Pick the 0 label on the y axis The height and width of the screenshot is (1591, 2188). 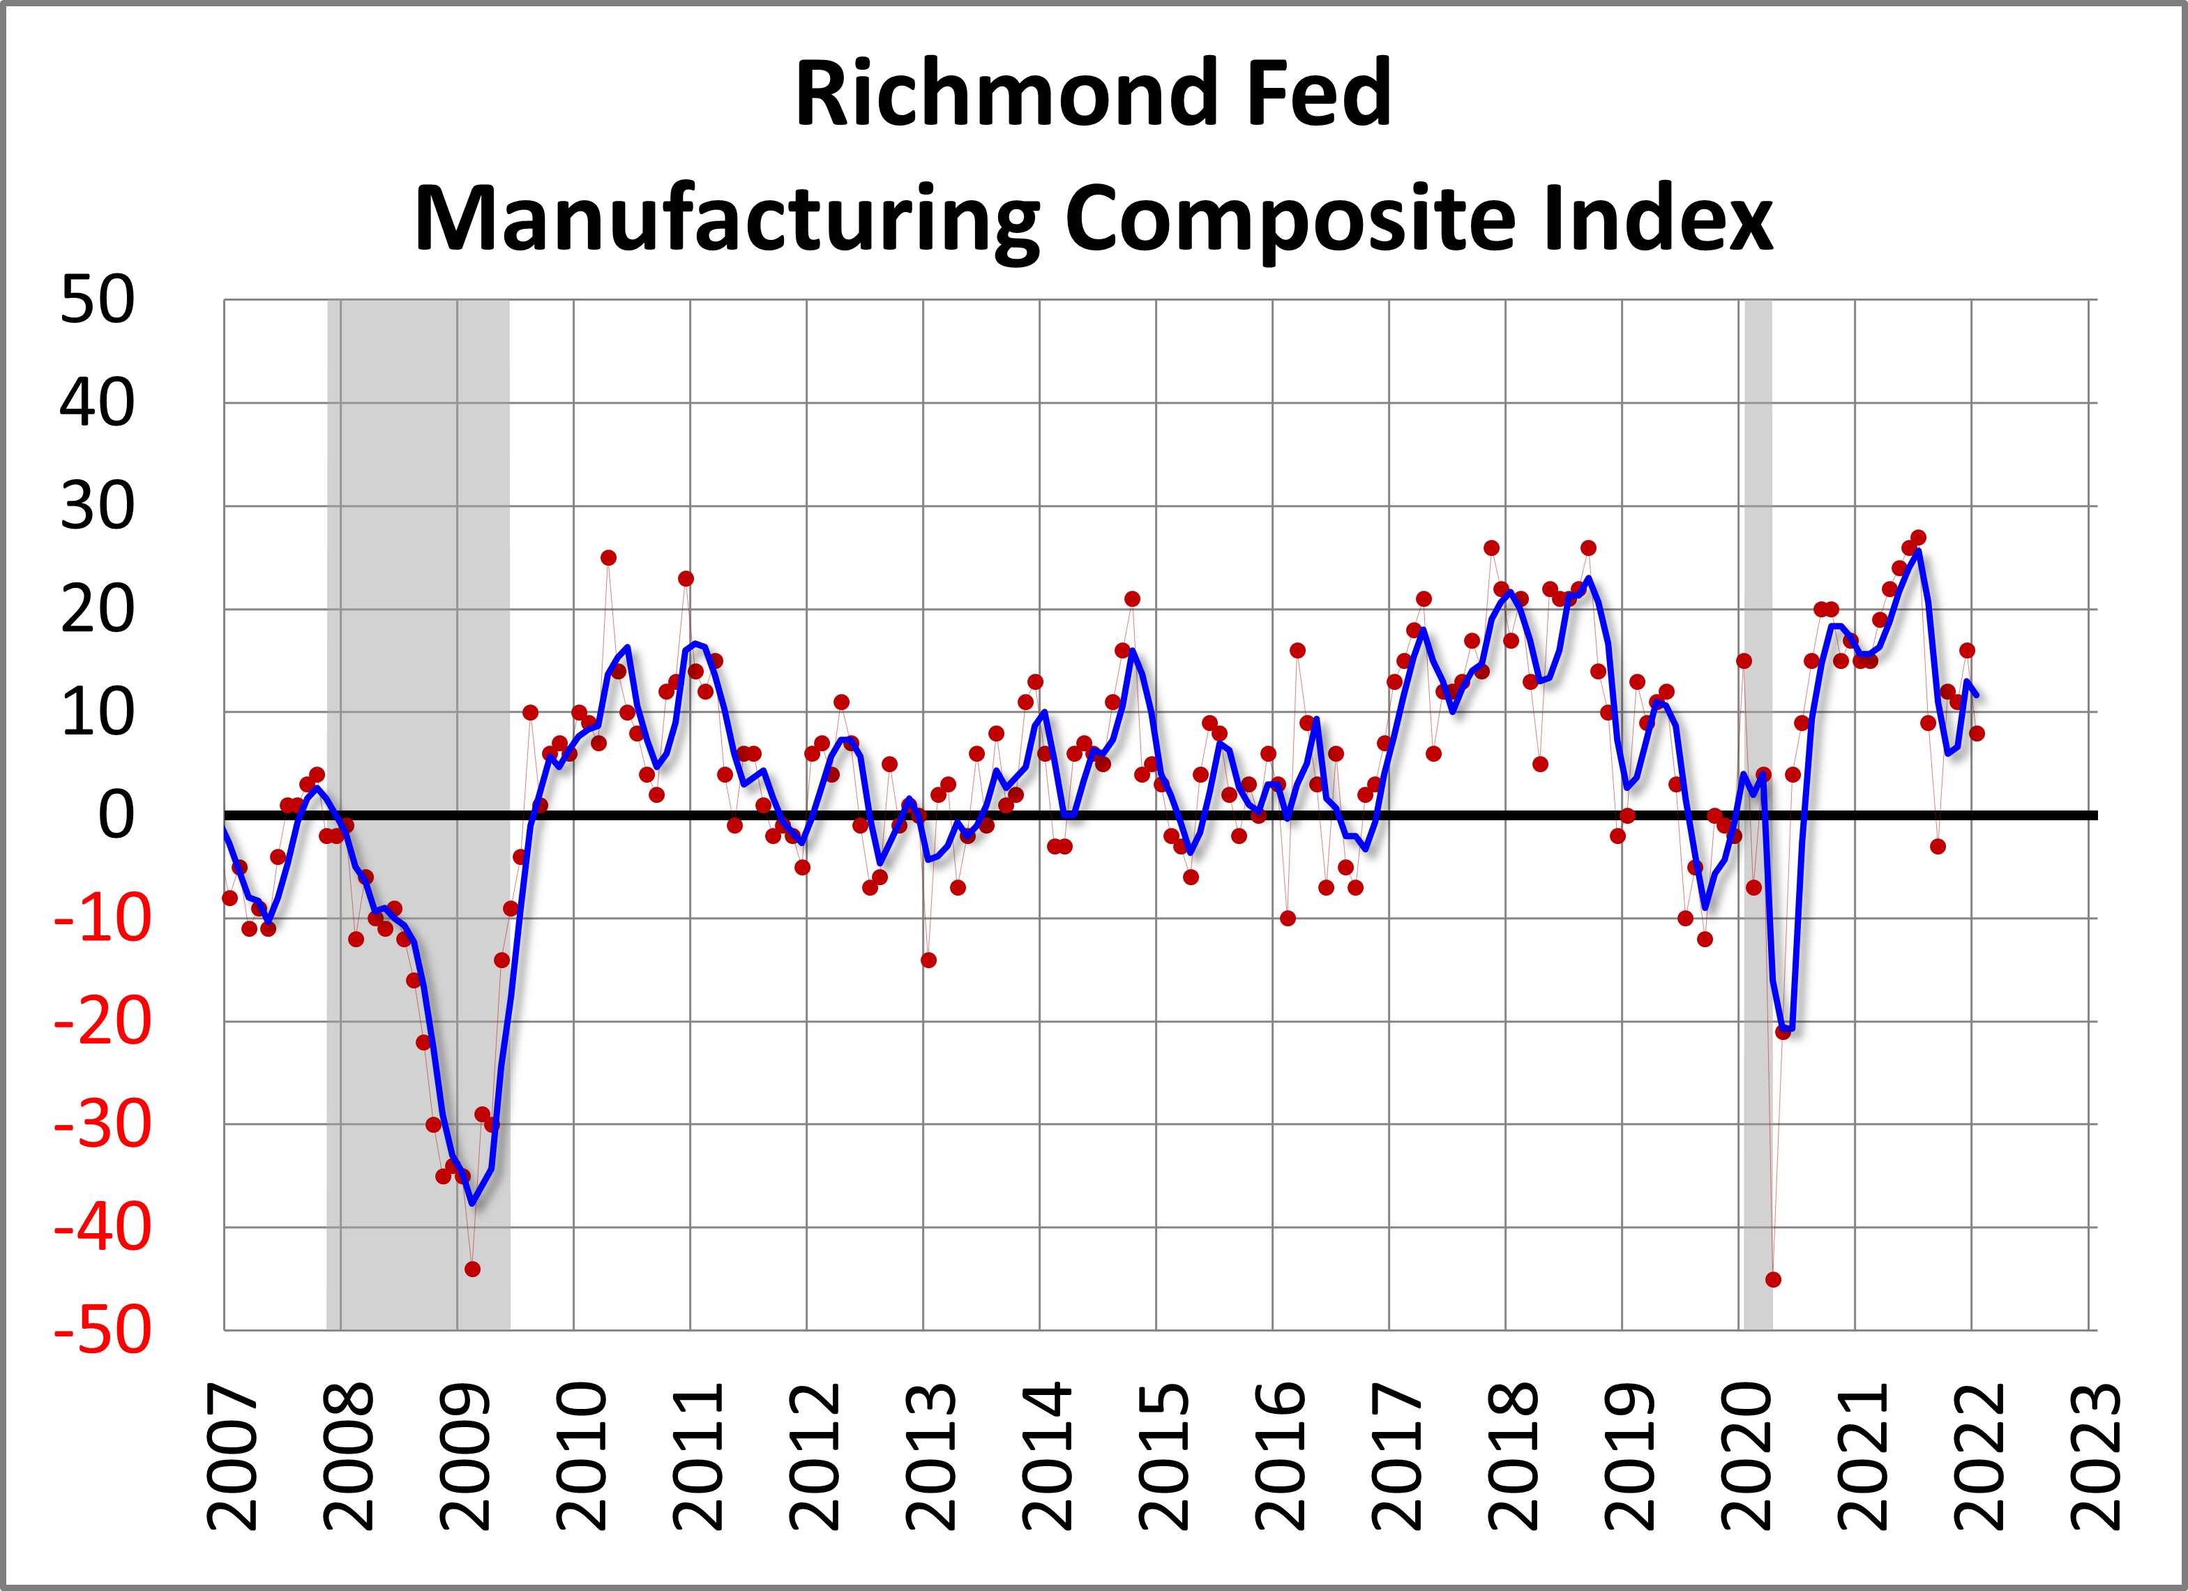[x=116, y=815]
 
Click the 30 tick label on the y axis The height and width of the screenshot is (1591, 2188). [x=96, y=506]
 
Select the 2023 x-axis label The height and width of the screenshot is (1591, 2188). [x=2097, y=1457]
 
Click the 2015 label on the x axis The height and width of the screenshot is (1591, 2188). [x=1164, y=1457]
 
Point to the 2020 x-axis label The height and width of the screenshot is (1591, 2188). [x=1747, y=1457]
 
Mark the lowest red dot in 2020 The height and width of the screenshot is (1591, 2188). [x=1773, y=1279]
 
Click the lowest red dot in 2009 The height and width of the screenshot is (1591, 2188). [x=471, y=1269]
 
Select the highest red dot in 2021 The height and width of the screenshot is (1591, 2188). [x=1918, y=537]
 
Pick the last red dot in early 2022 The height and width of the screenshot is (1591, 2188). [x=1977, y=733]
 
